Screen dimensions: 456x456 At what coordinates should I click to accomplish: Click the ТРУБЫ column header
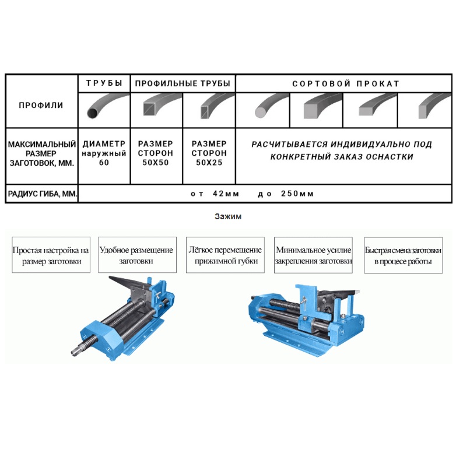tap(104, 83)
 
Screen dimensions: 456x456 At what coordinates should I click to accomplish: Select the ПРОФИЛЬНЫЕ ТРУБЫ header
tap(183, 83)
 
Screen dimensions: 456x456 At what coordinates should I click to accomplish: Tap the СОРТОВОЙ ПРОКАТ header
tap(345, 83)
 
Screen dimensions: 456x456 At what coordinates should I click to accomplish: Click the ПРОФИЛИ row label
tap(41, 106)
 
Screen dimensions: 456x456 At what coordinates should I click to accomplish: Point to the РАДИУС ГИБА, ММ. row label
tap(41, 194)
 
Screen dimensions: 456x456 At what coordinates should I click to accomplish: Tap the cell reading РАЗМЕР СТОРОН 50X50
tap(156, 153)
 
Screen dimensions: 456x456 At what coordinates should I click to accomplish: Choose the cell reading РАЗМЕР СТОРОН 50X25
tap(209, 153)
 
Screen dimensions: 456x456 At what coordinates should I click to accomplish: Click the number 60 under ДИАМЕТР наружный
tap(104, 163)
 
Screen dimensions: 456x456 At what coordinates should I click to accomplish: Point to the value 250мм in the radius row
tap(297, 194)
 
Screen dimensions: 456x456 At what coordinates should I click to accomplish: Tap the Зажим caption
tap(228, 216)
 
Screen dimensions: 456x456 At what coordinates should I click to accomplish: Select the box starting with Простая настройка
tap(51, 255)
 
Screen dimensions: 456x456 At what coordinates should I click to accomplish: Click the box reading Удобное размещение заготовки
tap(136, 255)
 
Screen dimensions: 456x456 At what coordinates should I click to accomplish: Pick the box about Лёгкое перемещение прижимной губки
tap(225, 255)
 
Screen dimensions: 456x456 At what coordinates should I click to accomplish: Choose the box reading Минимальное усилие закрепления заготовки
tap(314, 255)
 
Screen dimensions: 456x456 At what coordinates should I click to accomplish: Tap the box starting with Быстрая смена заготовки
tap(403, 255)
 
